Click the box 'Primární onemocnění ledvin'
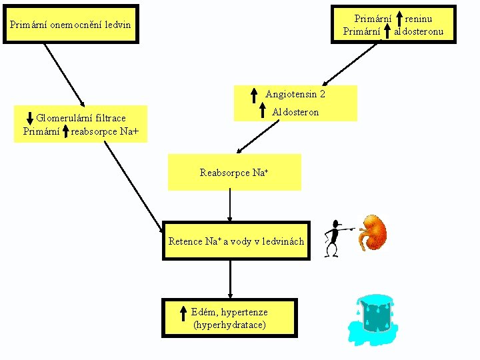(71, 26)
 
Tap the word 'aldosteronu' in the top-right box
(419, 31)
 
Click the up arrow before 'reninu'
(399, 18)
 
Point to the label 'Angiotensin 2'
(295, 95)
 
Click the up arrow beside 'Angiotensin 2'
(254, 95)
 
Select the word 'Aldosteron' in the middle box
(295, 112)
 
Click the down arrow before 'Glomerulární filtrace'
(29, 118)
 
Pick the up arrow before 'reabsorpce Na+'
(66, 131)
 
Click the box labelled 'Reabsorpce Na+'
(234, 173)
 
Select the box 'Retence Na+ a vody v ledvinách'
(236, 241)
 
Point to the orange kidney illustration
(372, 232)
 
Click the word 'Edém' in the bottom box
(202, 312)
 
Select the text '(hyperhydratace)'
(229, 325)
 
